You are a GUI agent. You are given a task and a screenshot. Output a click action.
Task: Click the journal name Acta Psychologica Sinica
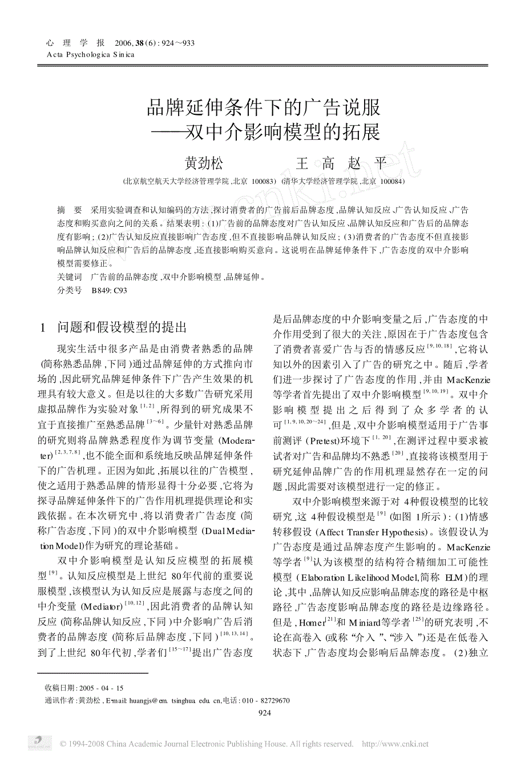[90, 55]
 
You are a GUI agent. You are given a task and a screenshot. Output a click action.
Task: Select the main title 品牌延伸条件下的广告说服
[264, 107]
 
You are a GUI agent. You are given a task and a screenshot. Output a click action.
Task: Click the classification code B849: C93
[110, 290]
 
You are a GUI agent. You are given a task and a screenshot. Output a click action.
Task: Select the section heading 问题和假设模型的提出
[122, 327]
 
